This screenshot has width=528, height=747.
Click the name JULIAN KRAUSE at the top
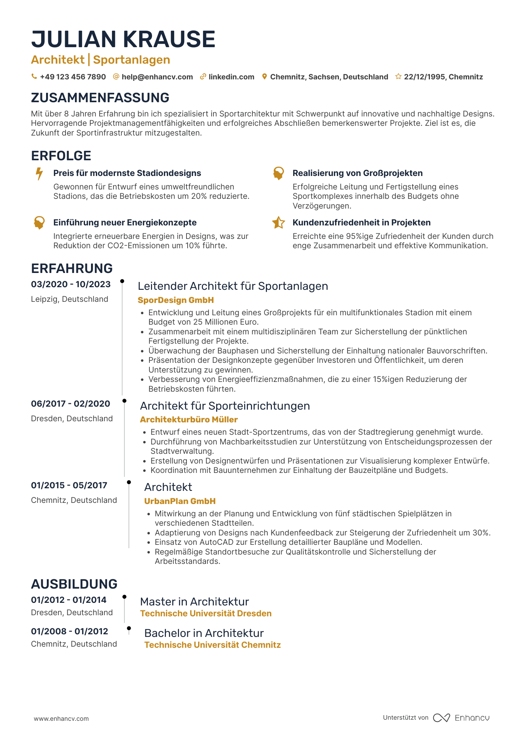pyautogui.click(x=123, y=39)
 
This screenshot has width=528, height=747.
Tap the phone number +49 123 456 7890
pyautogui.click(x=73, y=77)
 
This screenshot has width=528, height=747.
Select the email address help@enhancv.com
pyautogui.click(x=157, y=77)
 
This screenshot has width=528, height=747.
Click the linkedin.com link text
pyautogui.click(x=231, y=77)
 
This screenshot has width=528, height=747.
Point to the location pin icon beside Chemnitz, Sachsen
pyautogui.click(x=264, y=77)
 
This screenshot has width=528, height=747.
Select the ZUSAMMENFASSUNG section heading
pyautogui.click(x=100, y=98)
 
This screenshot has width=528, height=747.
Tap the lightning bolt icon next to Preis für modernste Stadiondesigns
pyautogui.click(x=39, y=174)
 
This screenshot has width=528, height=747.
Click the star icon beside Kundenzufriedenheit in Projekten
pyautogui.click(x=278, y=223)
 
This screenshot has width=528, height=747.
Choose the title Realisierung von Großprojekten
pyautogui.click(x=357, y=173)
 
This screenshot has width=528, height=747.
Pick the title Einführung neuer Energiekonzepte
pyautogui.click(x=125, y=223)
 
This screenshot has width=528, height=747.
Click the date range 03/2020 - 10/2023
pyautogui.click(x=71, y=285)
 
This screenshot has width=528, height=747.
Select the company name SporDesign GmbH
pyautogui.click(x=176, y=300)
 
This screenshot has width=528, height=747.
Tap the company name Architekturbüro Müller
pyautogui.click(x=189, y=420)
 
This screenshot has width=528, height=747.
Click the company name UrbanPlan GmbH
pyautogui.click(x=180, y=501)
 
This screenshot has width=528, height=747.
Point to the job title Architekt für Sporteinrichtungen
pyautogui.click(x=225, y=406)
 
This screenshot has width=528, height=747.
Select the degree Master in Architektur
pyautogui.click(x=194, y=602)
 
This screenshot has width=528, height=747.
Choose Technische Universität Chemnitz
pyautogui.click(x=212, y=645)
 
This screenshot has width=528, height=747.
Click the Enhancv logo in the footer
pyautogui.click(x=461, y=718)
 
